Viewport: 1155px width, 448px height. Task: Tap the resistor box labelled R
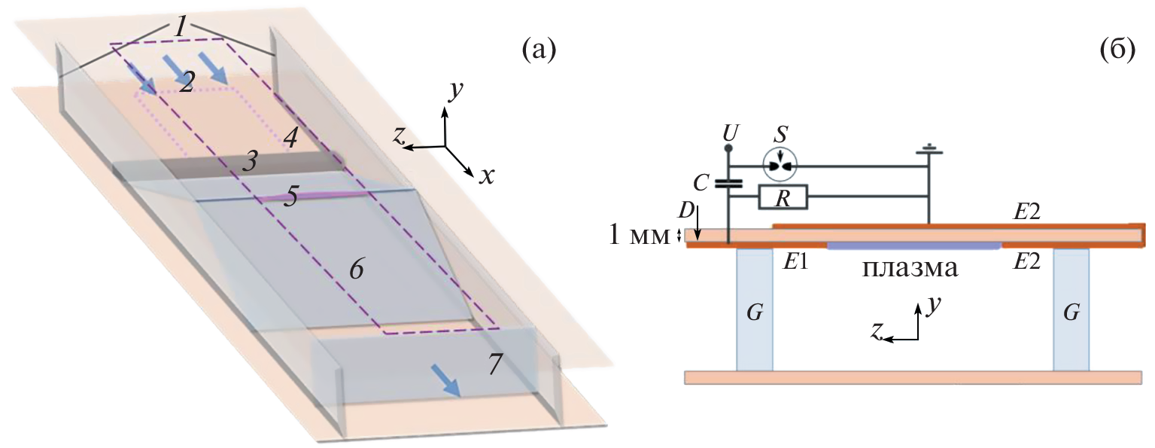783,198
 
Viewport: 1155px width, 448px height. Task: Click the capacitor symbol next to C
728,182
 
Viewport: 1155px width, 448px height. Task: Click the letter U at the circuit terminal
728,133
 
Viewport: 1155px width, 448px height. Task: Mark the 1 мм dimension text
639,237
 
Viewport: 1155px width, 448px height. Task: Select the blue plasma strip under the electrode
913,245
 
